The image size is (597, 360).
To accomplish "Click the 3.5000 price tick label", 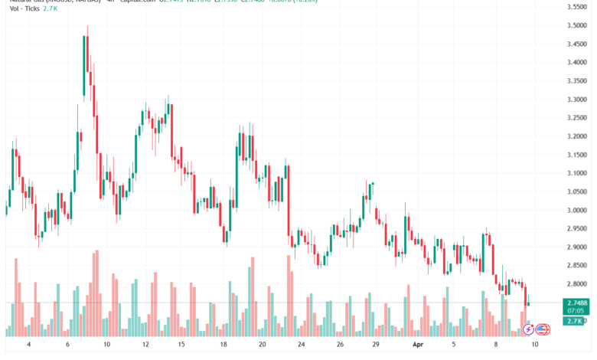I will coord(576,25).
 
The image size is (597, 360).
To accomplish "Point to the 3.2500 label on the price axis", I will coord(576,118).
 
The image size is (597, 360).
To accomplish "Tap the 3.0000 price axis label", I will coord(576,211).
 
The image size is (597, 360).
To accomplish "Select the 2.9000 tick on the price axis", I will coord(576,247).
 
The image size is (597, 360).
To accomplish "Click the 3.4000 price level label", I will coord(576,63).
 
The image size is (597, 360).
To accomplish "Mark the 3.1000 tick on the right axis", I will coord(576,173).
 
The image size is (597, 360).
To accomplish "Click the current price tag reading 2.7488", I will coord(576,303).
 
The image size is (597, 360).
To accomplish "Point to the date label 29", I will coord(376,345).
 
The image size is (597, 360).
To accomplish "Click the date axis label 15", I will coord(182,345).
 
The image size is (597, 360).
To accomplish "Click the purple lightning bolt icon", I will coord(527,330).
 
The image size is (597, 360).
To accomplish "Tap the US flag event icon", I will coord(543,330).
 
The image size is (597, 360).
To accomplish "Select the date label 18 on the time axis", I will coord(223,345).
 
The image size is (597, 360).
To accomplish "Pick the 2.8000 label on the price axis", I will coord(576,284).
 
